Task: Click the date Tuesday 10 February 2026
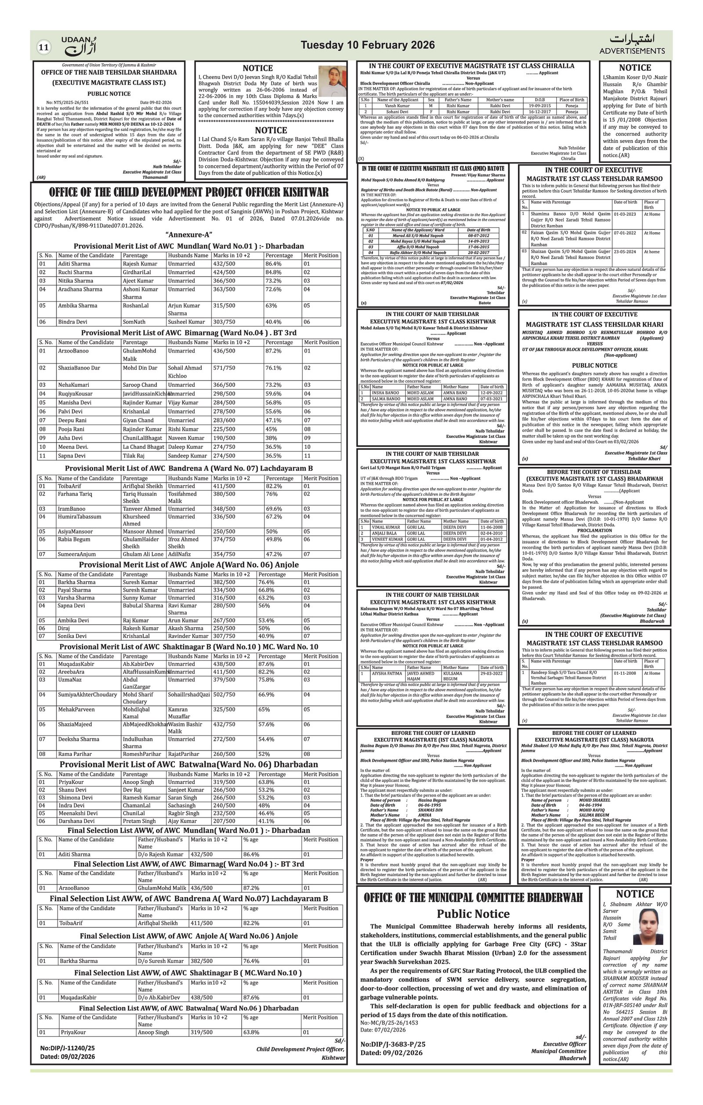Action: [x=367, y=45]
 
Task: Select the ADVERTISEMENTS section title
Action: [x=631, y=51]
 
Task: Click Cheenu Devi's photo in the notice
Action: [x=332, y=81]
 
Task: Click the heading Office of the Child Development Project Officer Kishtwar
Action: [x=188, y=192]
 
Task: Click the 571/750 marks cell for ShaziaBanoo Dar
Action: [x=224, y=367]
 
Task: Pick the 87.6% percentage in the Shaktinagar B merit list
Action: [x=266, y=664]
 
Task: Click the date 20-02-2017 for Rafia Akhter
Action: [x=478, y=252]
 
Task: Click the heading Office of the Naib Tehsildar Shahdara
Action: [x=109, y=73]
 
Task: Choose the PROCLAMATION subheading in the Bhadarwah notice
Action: [x=594, y=530]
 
